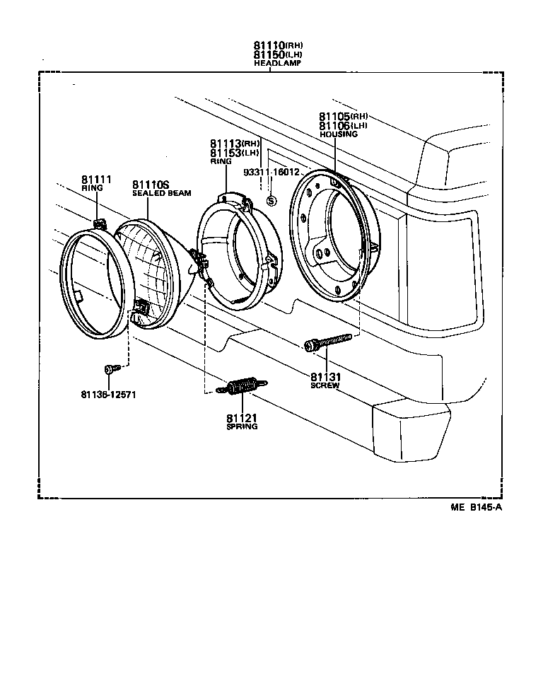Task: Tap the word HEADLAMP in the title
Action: (278, 63)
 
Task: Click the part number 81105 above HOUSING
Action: (334, 117)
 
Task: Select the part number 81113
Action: (225, 144)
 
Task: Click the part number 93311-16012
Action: (271, 172)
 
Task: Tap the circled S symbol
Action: (271, 202)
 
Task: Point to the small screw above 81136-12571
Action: (110, 368)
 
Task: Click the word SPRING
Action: (242, 426)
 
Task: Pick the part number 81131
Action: (325, 376)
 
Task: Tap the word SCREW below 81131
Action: (325, 385)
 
